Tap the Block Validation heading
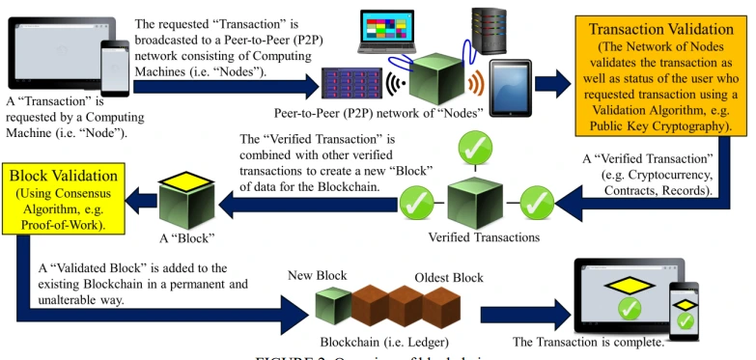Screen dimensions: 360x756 tap(64, 177)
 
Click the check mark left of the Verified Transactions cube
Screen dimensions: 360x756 tap(417, 204)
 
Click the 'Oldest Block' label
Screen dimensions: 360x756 tap(449, 278)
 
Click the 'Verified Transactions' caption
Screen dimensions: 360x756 tap(484, 236)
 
